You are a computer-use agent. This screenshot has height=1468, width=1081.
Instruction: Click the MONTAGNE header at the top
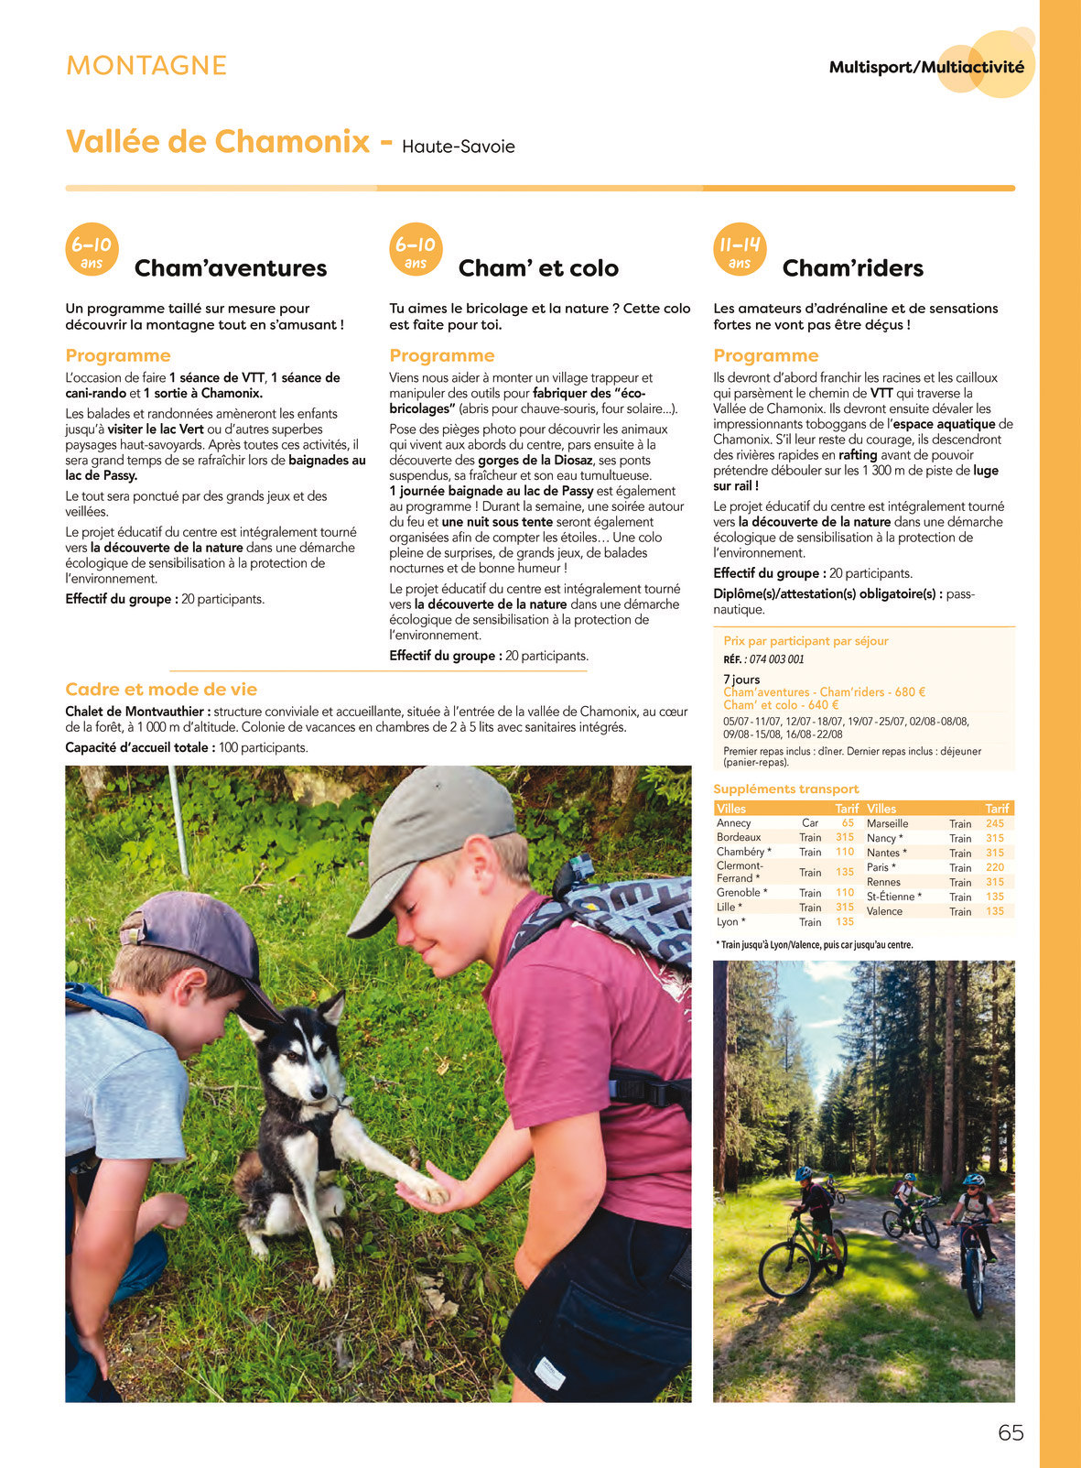tap(146, 65)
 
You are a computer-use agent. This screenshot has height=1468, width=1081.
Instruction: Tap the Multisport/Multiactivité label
tap(926, 67)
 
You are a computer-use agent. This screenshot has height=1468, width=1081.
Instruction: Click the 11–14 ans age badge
tap(740, 250)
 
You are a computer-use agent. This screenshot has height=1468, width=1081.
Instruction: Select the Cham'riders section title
tap(852, 268)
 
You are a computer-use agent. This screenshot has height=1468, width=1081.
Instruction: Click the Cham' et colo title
tap(538, 268)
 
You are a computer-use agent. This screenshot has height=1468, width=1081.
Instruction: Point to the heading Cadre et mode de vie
tap(161, 690)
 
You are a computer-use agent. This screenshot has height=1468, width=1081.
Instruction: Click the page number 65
tap(1011, 1433)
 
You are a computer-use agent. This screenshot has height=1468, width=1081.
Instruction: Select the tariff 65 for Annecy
tap(848, 823)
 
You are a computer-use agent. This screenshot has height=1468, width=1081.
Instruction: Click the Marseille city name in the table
tap(888, 823)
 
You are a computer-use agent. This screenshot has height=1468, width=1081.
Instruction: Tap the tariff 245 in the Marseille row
tap(995, 823)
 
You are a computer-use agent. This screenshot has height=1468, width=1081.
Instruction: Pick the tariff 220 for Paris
tap(995, 867)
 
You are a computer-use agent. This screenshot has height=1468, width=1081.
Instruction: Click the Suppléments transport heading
tap(785, 788)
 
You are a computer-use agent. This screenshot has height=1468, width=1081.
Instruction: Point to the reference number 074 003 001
tap(776, 659)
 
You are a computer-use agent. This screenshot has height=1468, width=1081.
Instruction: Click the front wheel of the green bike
tap(785, 1269)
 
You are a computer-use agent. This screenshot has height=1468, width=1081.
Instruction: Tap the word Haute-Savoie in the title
tap(459, 147)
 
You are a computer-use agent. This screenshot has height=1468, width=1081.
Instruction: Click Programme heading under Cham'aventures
tap(118, 355)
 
